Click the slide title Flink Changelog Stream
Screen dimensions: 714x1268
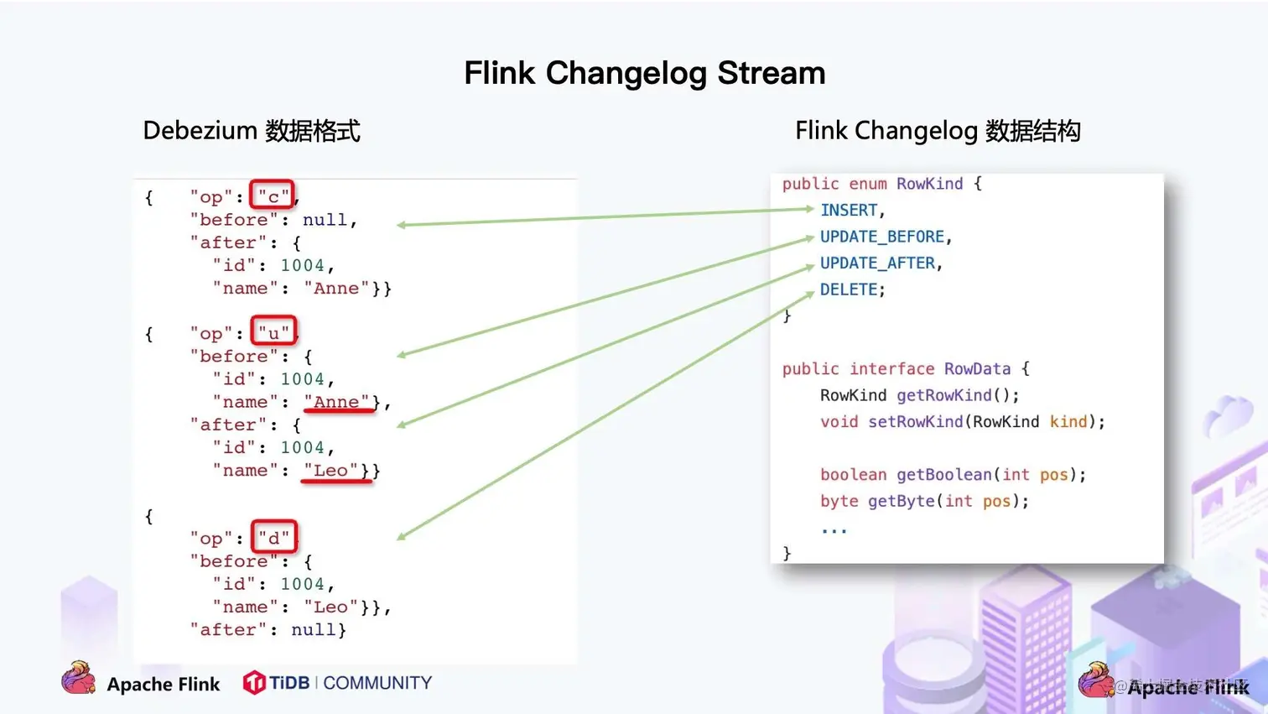pos(644,73)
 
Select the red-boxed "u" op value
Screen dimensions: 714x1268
pos(273,332)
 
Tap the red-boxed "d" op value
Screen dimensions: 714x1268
pos(273,537)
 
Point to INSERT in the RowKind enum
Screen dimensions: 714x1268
pos(849,211)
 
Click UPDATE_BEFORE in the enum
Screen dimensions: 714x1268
pos(881,237)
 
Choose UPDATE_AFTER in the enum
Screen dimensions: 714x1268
pos(877,263)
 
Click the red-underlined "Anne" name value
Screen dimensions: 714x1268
pos(336,402)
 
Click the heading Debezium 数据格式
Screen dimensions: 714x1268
pos(252,131)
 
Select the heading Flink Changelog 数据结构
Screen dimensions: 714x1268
pos(938,131)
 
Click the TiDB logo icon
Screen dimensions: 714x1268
pos(253,683)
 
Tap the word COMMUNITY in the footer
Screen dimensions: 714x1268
pos(377,683)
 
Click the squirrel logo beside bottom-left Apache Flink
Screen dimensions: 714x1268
pos(79,678)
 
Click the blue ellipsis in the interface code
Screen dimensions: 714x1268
pos(834,529)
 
